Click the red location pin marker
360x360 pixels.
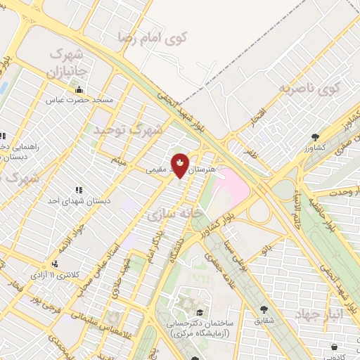pos(181,165)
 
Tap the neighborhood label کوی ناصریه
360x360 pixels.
pos(308,89)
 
